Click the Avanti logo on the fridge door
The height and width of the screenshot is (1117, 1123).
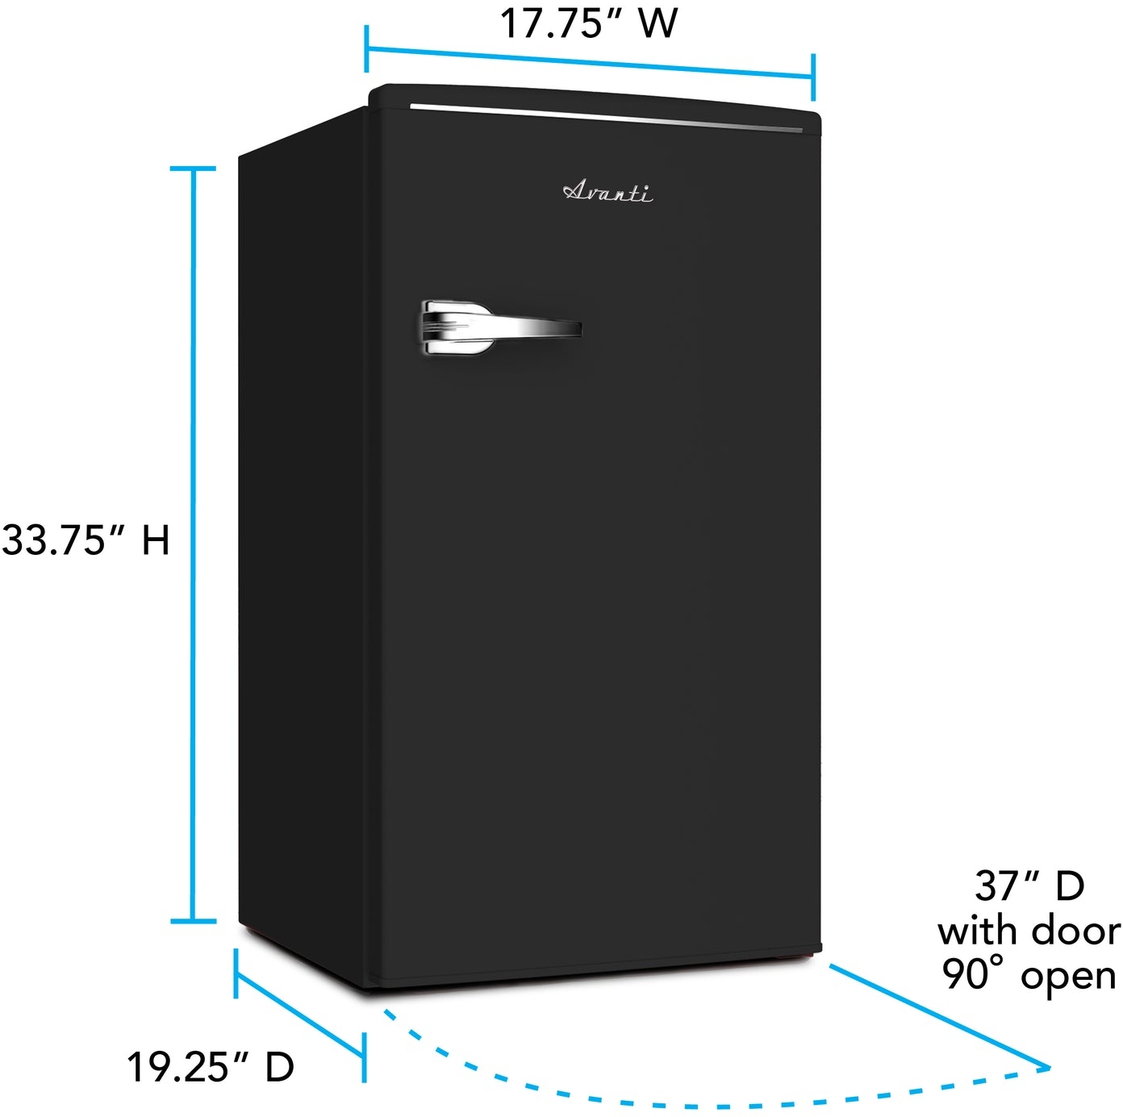[607, 191]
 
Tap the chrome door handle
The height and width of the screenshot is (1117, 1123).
[501, 327]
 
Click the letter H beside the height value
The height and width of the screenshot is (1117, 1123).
[156, 540]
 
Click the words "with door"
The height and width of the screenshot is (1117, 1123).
[1029, 932]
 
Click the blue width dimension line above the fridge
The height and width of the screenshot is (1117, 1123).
[590, 62]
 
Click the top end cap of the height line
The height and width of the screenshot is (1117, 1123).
[193, 169]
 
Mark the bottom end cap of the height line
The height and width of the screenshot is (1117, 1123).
[193, 922]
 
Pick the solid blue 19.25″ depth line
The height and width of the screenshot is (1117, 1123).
[299, 1007]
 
